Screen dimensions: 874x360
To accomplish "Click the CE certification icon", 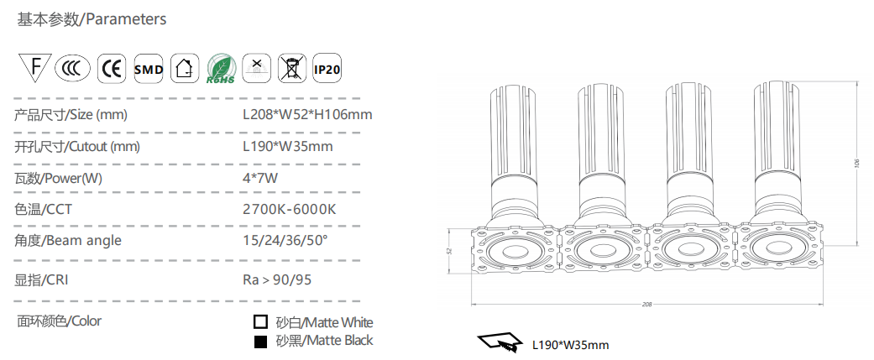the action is (112, 69).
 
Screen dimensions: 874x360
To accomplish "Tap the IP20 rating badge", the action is (327, 69).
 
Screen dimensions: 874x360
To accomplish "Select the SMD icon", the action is (149, 69).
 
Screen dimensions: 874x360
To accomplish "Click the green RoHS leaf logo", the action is (221, 69).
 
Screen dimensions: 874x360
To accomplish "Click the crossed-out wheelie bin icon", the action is (292, 69).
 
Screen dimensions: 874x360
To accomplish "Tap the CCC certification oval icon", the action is (72, 69).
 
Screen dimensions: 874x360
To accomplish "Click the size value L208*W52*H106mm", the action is (307, 115).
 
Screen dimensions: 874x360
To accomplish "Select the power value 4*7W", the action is (260, 179).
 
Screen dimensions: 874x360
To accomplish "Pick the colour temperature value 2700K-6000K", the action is (290, 210).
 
